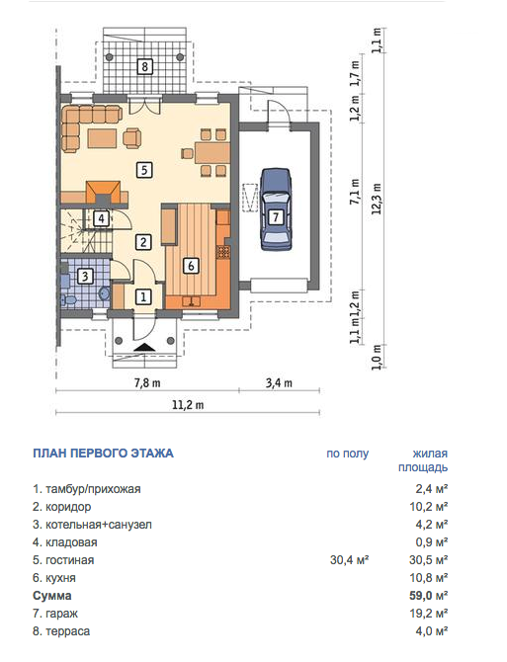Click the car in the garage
[x=276, y=209]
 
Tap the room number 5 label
[x=144, y=170]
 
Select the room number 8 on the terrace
[x=145, y=66]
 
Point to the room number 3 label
[x=85, y=277]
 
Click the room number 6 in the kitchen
[x=191, y=266]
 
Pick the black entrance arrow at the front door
[x=144, y=347]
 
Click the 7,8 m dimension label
[x=147, y=383]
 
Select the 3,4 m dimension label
[x=279, y=383]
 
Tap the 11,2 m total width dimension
[x=188, y=405]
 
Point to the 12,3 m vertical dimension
[x=377, y=199]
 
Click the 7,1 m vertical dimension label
[x=355, y=192]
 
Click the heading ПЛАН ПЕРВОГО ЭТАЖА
[x=103, y=454]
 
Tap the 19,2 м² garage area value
[x=429, y=613]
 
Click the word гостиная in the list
[x=69, y=560]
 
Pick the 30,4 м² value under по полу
[x=350, y=560]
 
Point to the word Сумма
[x=52, y=596]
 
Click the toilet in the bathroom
[x=69, y=300]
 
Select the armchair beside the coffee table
[x=132, y=137]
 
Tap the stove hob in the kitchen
[x=223, y=252]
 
